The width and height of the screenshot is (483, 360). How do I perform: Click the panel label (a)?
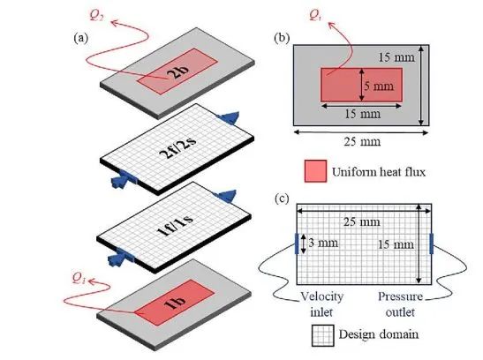pos(80,38)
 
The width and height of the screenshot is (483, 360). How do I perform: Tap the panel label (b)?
pos(282,38)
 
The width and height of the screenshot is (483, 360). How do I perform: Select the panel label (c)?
pos(282,199)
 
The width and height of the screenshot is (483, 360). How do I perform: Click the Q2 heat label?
pos(96,15)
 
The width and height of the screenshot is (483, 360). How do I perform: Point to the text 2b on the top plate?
pos(177,71)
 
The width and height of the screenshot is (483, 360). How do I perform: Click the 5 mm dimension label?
pos(379,86)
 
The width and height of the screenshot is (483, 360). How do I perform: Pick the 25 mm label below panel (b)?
pos(362,141)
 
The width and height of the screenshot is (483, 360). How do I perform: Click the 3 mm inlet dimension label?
pos(323,243)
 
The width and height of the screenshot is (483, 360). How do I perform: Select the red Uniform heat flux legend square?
pos(315,171)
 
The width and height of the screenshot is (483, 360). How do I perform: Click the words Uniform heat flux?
pos(379,171)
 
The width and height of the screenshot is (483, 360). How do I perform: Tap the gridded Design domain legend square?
pos(322,335)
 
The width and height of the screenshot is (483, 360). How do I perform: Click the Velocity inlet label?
pos(322,304)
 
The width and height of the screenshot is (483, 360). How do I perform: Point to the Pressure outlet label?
pos(400,304)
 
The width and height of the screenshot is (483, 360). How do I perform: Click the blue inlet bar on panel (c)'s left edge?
pos(297,244)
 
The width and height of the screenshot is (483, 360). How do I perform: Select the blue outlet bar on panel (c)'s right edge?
pos(431,244)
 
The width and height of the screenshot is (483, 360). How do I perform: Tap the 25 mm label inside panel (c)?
pos(362,221)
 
